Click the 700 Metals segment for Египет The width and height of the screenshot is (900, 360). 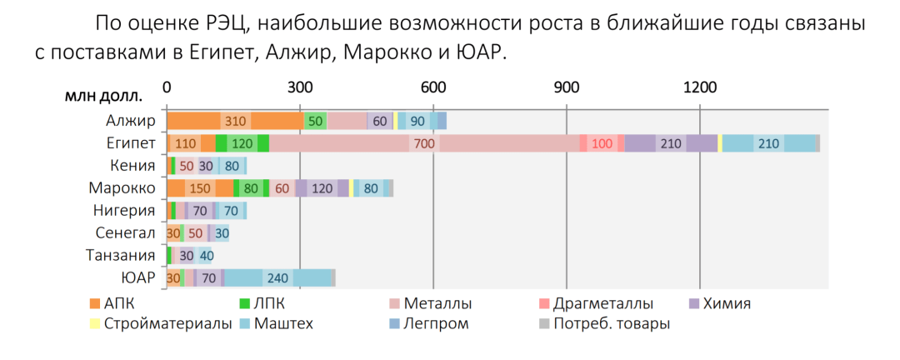(424, 143)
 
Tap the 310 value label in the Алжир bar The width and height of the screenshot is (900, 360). (236, 121)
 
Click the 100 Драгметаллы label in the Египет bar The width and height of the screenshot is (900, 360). (602, 143)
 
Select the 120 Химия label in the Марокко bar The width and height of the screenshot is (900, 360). (322, 188)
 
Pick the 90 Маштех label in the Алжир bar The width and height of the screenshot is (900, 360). (417, 121)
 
